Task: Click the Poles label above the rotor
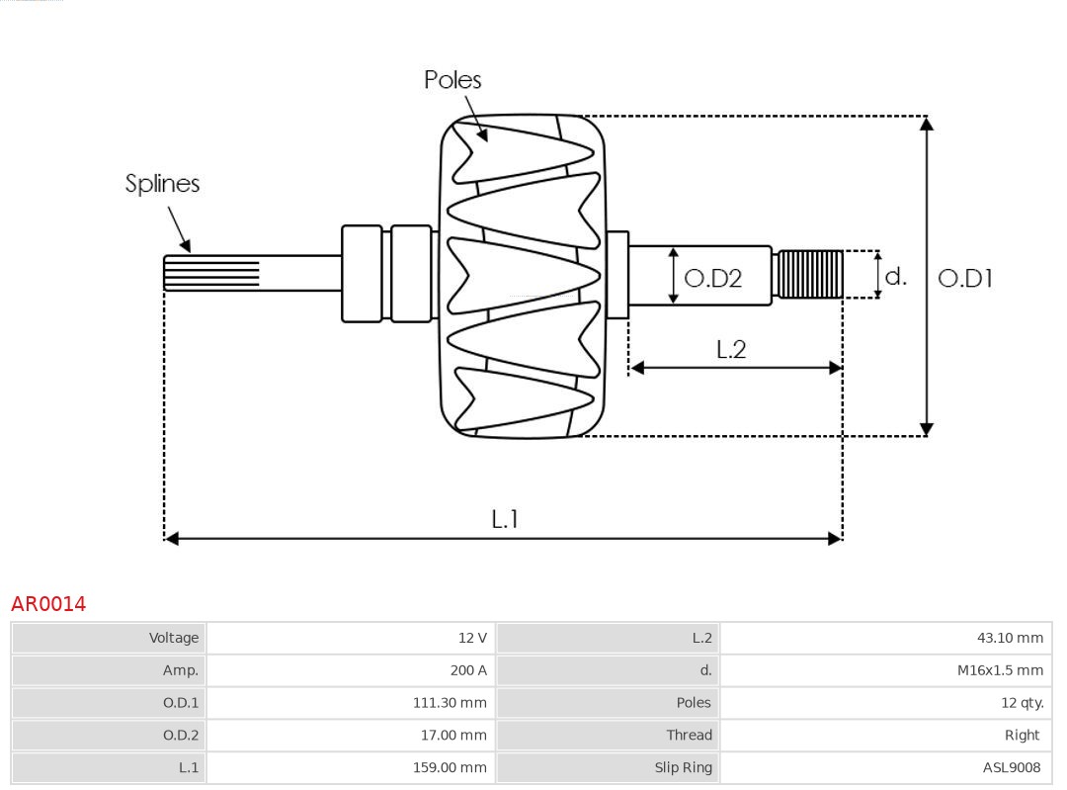click(x=452, y=80)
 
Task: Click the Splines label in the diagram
click(x=162, y=184)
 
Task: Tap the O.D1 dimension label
click(x=964, y=279)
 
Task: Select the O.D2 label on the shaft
click(x=712, y=279)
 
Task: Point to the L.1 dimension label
click(x=505, y=519)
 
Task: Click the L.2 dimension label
click(x=730, y=349)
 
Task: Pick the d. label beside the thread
click(x=895, y=276)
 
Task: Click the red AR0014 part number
click(x=48, y=604)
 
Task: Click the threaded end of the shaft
click(x=809, y=274)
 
